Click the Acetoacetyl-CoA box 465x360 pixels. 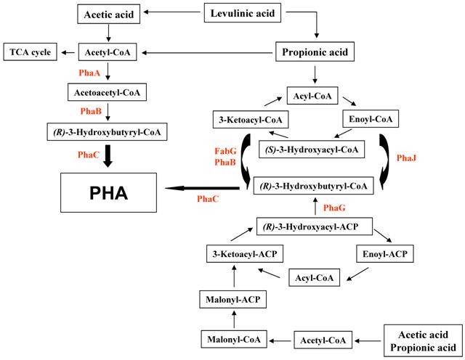click(107, 93)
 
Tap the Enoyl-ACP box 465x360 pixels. click(384, 254)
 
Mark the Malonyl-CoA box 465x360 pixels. click(232, 338)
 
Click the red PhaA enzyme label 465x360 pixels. click(89, 73)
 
